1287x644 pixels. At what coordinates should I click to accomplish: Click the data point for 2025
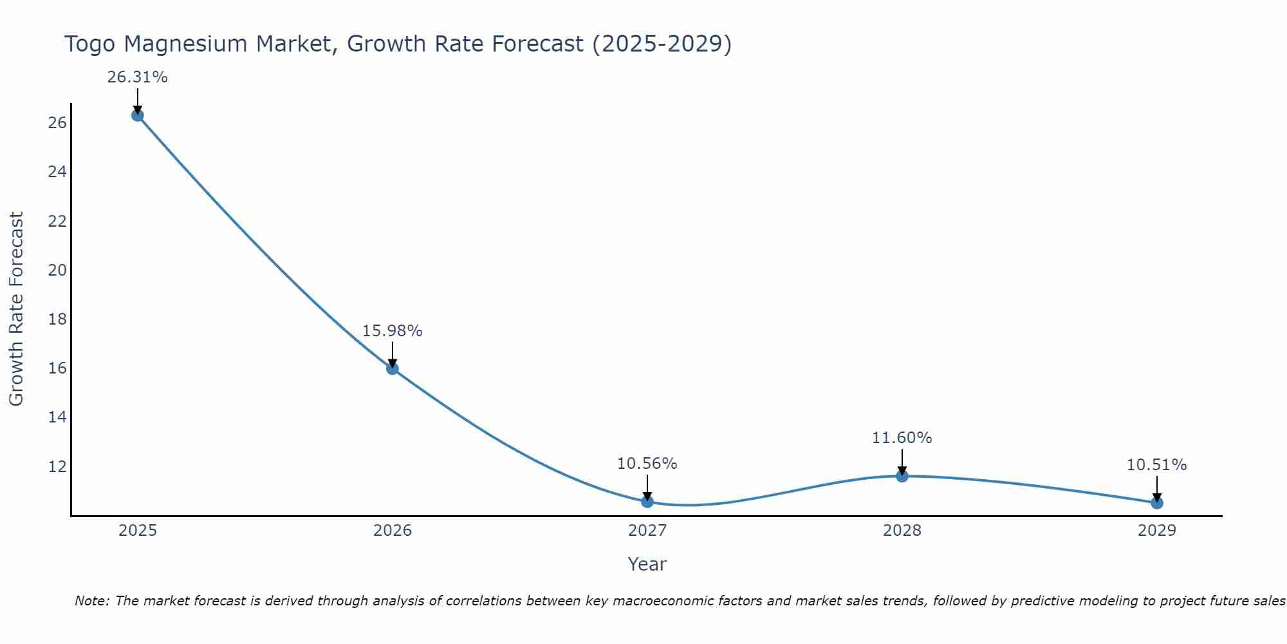point(137,115)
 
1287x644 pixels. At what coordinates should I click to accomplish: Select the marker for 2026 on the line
point(393,368)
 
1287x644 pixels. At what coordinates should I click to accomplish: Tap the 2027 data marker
point(647,502)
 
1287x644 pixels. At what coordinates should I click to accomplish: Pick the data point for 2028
point(902,476)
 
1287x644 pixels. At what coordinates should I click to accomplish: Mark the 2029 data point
point(1157,503)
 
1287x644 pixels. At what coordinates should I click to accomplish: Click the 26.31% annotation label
point(137,77)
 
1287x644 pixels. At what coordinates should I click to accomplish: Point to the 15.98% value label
point(392,331)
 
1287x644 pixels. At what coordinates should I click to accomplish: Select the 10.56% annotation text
point(647,464)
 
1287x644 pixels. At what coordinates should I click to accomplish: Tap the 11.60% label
point(902,438)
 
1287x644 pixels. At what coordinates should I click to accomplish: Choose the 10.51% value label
point(1156,465)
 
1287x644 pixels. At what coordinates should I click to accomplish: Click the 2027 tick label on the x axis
point(647,531)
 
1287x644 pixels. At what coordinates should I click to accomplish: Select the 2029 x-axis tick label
point(1157,531)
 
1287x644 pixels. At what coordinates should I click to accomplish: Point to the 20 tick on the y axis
point(57,270)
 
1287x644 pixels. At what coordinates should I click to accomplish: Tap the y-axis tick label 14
point(57,417)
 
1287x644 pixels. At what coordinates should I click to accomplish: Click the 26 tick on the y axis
point(57,123)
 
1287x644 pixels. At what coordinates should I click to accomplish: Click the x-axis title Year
point(647,564)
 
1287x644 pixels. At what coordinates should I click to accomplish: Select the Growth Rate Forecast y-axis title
point(16,309)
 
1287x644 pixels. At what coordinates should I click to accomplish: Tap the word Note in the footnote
point(92,601)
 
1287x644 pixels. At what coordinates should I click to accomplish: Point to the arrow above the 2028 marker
point(902,462)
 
